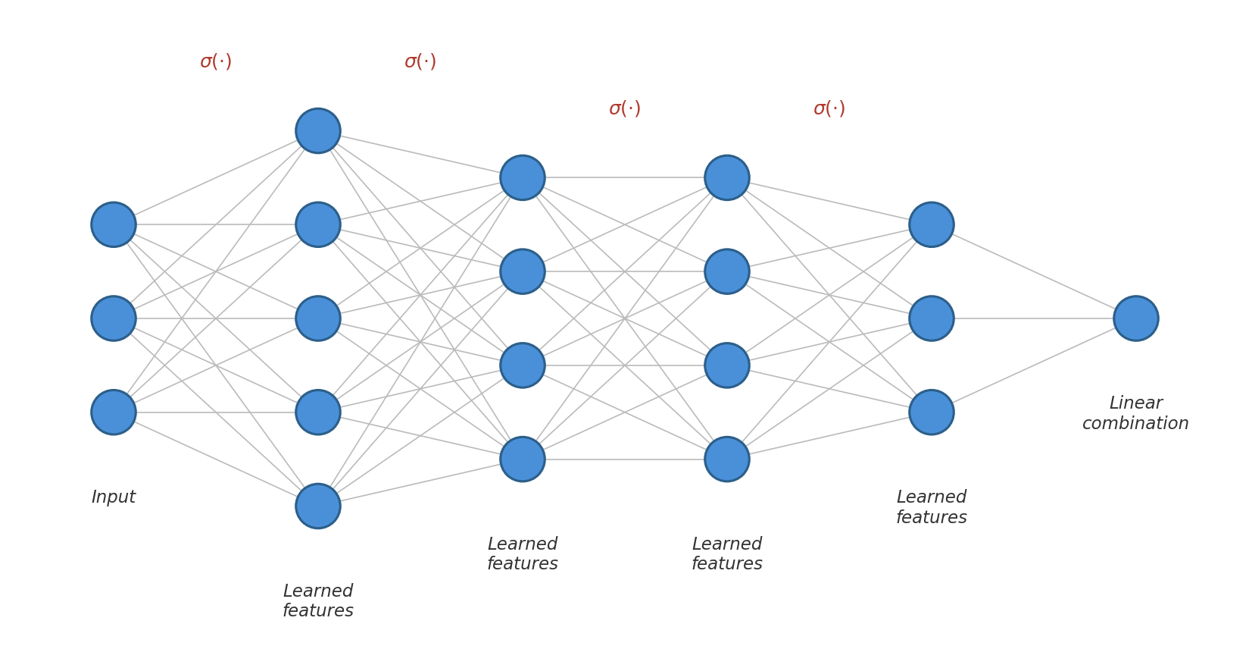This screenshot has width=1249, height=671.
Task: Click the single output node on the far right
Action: click(x=1135, y=318)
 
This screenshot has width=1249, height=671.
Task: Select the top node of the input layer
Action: click(x=114, y=224)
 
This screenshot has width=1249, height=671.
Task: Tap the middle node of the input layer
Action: click(x=114, y=318)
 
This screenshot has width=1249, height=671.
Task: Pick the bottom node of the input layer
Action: click(x=114, y=412)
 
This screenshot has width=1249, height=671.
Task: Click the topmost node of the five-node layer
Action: click(x=318, y=130)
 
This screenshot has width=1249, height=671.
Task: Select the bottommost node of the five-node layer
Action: click(x=318, y=506)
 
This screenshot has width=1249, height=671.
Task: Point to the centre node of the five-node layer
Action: click(x=318, y=318)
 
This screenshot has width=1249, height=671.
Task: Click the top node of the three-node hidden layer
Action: click(x=931, y=224)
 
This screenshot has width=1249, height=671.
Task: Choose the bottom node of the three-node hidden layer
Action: click(x=931, y=412)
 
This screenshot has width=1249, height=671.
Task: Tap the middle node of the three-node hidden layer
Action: click(x=931, y=318)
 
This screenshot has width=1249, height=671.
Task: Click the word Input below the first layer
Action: click(x=114, y=497)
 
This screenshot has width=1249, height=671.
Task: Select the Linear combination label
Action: click(x=1135, y=413)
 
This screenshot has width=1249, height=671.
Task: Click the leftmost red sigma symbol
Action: click(x=215, y=61)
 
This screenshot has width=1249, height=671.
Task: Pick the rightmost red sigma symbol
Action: click(x=829, y=108)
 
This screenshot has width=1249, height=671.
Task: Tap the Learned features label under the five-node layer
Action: click(x=318, y=600)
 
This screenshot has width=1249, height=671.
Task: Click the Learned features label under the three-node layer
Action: click(x=931, y=507)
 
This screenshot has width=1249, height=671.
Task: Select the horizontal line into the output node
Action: click(x=1034, y=318)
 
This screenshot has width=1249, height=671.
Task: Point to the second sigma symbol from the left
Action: click(x=420, y=61)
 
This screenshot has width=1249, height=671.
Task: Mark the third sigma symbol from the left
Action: click(x=624, y=108)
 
